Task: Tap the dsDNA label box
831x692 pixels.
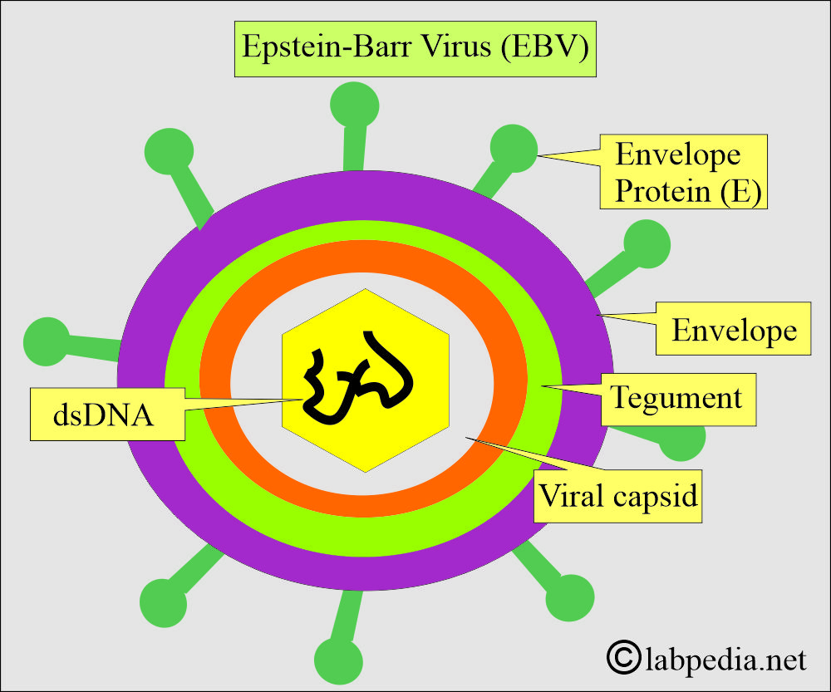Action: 106,413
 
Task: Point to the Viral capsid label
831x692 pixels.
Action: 617,497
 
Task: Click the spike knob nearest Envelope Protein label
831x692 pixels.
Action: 514,148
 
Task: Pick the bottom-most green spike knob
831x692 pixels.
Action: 338,660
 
